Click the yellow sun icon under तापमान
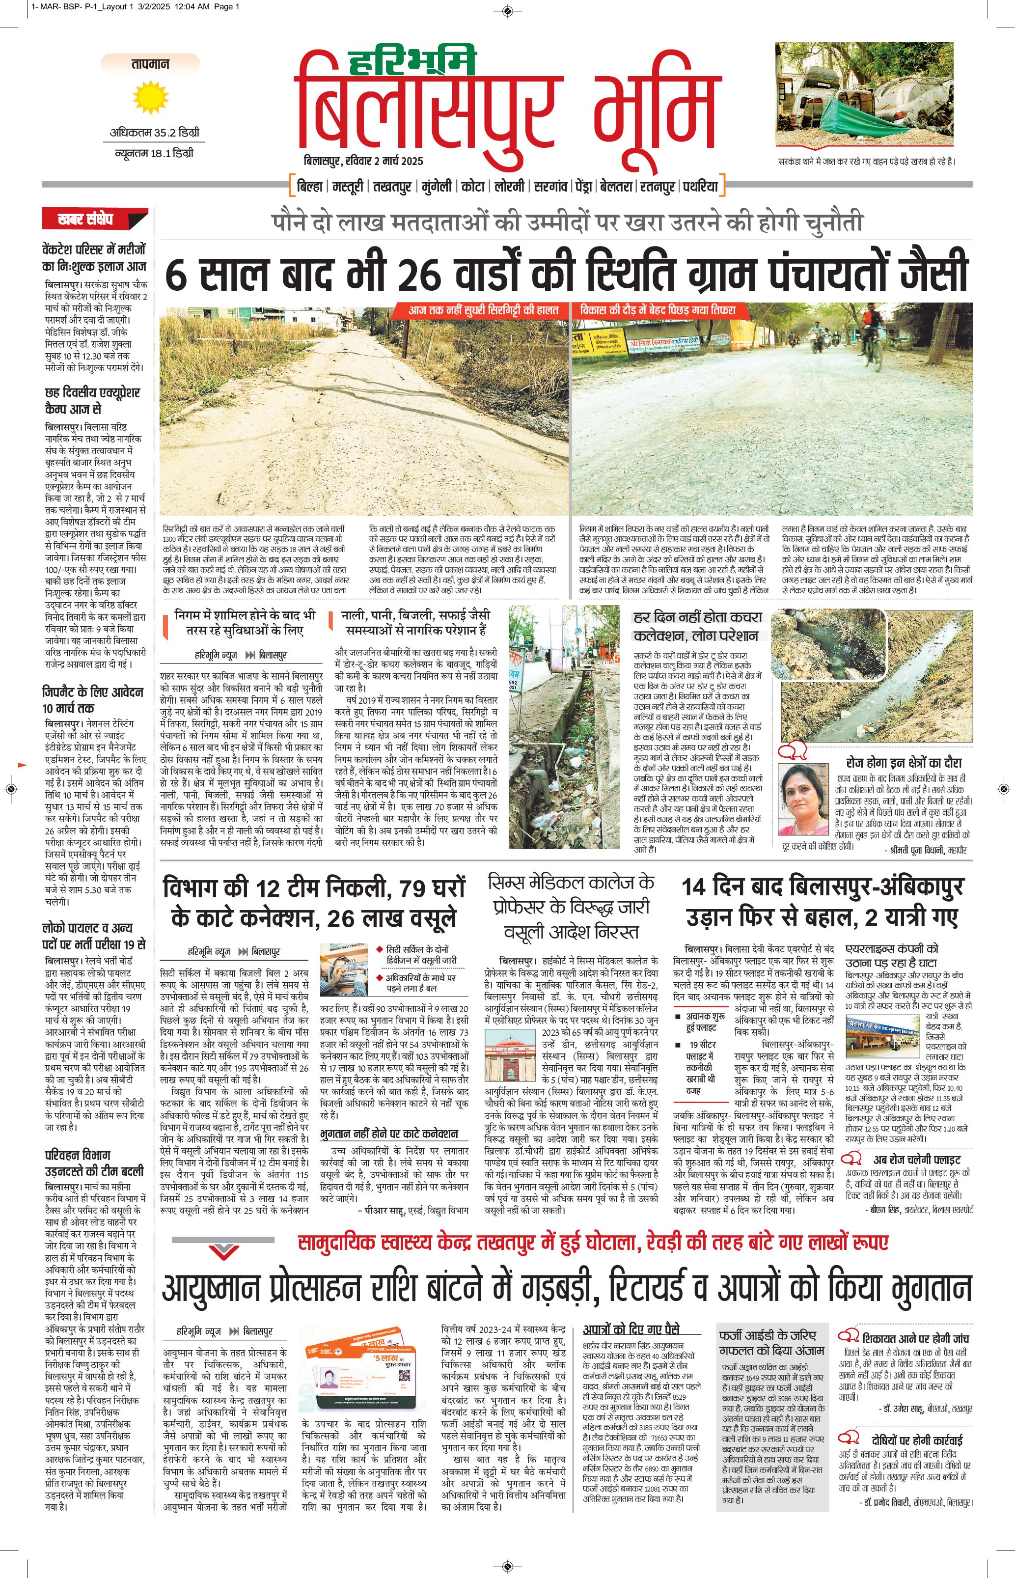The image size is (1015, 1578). [150, 98]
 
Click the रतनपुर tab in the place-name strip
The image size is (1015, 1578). [657, 187]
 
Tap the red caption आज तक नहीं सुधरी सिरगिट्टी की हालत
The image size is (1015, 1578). [482, 310]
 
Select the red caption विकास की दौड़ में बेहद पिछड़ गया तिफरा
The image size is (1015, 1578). [657, 310]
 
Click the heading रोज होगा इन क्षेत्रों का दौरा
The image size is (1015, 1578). [903, 763]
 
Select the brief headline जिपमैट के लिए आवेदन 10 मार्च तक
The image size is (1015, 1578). [93, 700]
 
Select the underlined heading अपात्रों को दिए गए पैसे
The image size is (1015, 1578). [630, 1329]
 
